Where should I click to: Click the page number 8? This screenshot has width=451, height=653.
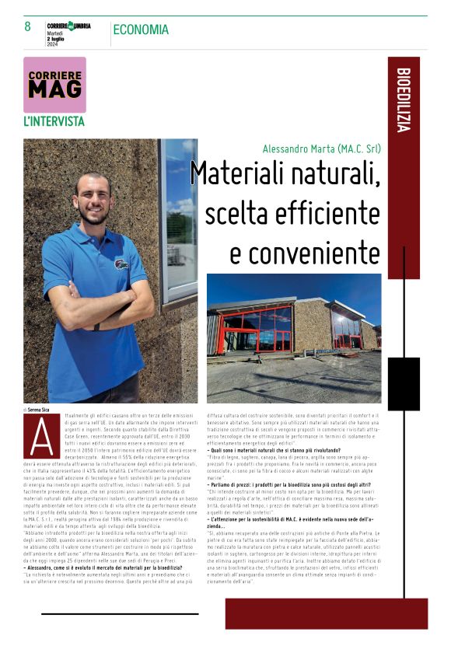(x=28, y=27)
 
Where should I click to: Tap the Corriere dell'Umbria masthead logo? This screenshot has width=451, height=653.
(x=68, y=25)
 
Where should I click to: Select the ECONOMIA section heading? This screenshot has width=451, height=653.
(x=141, y=30)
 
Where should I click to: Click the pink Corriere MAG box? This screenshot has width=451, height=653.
(x=54, y=84)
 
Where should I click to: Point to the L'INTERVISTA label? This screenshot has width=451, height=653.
(x=54, y=121)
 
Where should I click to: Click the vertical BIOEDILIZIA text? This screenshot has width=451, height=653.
(x=403, y=101)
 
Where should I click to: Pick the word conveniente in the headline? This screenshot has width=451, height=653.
(x=305, y=252)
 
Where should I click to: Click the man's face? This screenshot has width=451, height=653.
(x=92, y=199)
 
